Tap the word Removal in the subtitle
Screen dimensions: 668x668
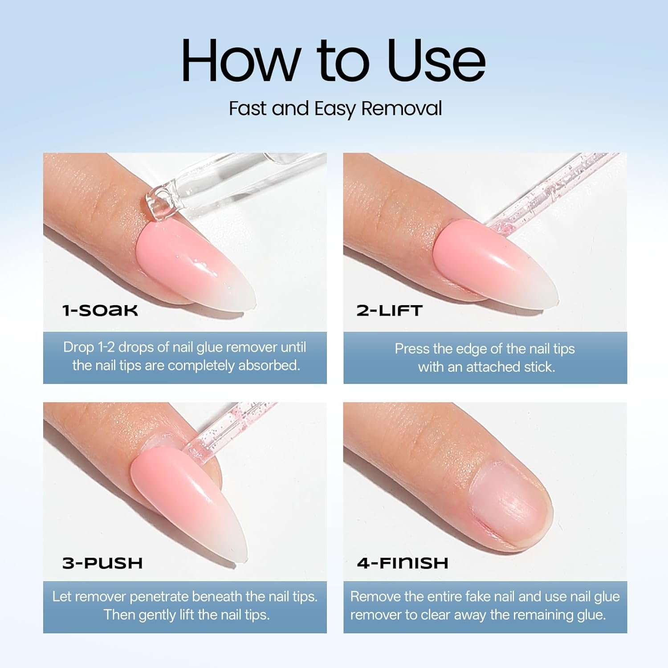click(x=402, y=108)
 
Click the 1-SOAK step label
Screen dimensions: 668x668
click(x=100, y=310)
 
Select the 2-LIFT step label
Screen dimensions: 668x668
click(x=389, y=310)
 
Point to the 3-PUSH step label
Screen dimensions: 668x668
click(x=102, y=563)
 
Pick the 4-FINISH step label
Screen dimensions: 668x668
click(x=403, y=563)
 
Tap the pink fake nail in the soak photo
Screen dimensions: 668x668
click(x=196, y=267)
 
